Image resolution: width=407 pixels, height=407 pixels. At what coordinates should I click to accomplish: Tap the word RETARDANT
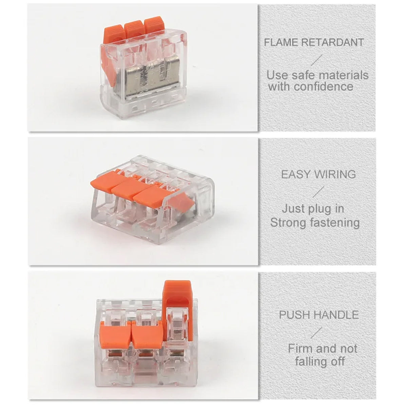(332, 42)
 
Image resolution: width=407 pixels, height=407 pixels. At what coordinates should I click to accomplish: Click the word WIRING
(335, 174)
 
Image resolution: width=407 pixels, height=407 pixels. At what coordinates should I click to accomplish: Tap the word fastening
(334, 223)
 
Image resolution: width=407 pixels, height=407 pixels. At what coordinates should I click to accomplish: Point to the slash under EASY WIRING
(318, 192)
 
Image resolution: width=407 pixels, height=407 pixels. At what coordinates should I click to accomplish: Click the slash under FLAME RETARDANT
(316, 60)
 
